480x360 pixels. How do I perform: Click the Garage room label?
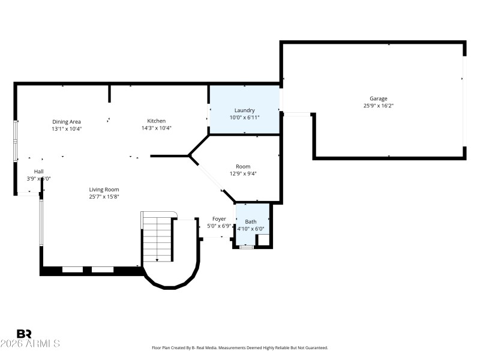coord(378,98)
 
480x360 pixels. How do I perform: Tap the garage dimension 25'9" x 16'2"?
coord(378,106)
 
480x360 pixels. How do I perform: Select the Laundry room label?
coord(244,110)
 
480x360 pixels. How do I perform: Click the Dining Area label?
coord(66,121)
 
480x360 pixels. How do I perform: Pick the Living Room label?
coord(104,190)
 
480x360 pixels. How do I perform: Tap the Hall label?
coord(38,171)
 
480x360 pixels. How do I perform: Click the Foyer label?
coord(219,219)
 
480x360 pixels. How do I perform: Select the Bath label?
coord(251,222)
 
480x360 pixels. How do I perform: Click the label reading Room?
coord(243,166)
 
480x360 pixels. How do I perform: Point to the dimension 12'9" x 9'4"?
coord(243,174)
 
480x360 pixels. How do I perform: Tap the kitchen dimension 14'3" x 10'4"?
coord(157,128)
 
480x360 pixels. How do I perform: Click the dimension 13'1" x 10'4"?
coord(66,128)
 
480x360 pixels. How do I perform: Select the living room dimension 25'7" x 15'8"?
coord(104,197)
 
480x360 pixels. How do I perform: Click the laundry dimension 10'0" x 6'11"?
coord(244,118)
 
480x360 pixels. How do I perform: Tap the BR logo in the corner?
coord(24,334)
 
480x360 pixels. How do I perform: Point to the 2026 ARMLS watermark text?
coord(30,344)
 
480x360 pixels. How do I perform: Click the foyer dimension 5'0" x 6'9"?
coord(219,226)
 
